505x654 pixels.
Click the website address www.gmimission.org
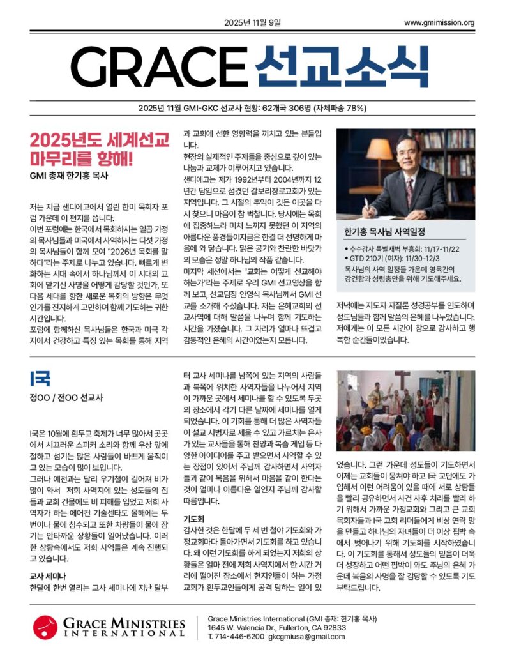click(x=439, y=24)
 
